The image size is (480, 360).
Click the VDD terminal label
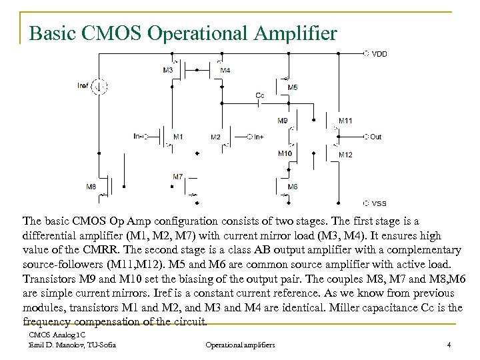379,53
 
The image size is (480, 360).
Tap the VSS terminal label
378,203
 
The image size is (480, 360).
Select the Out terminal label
375,137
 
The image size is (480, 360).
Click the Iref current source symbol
99,85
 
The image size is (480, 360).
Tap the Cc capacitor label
260,95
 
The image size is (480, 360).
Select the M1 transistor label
178,137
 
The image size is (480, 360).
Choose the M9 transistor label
283,121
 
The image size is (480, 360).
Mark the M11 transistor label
345,121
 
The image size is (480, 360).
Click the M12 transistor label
345,155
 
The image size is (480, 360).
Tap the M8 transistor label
91,186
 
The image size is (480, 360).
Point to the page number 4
449,345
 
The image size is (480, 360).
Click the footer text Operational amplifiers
240,345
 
